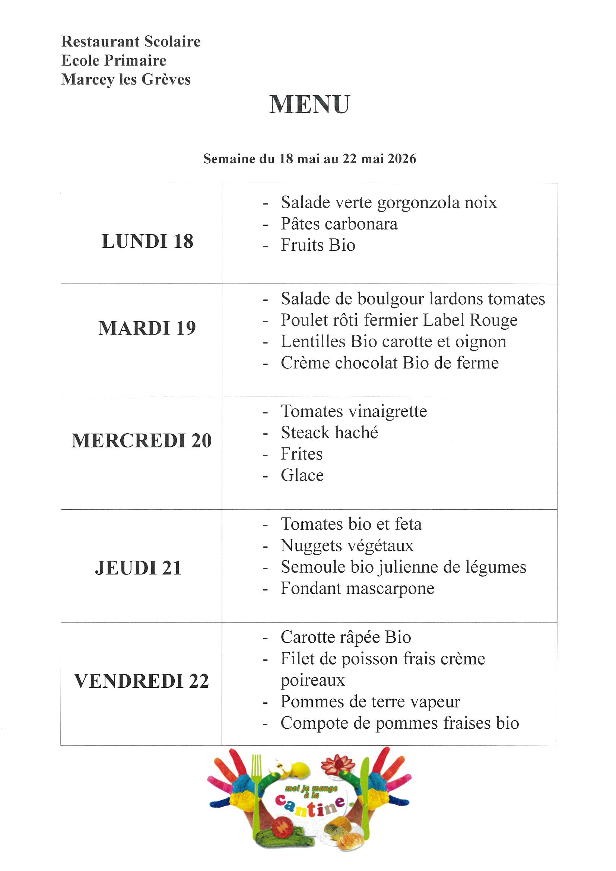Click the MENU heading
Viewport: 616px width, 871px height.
(309, 104)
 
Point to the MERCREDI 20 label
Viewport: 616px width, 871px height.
(142, 440)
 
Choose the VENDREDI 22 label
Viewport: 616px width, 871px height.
(142, 681)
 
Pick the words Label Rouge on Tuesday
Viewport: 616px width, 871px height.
(470, 320)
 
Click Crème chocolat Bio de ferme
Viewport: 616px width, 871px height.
(390, 363)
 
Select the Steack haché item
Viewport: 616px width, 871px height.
(329, 433)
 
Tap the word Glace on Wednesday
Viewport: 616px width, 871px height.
(302, 475)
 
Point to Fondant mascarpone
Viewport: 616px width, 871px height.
(357, 589)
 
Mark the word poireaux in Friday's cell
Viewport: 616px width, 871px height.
(312, 680)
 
